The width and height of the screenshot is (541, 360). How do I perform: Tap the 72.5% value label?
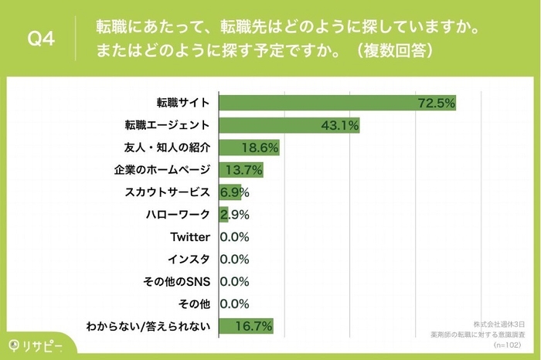click(434, 102)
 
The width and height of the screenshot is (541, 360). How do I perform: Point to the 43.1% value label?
click(338, 124)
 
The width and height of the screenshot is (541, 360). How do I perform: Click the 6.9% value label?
click(234, 192)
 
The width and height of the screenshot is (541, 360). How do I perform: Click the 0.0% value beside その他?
click(234, 304)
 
